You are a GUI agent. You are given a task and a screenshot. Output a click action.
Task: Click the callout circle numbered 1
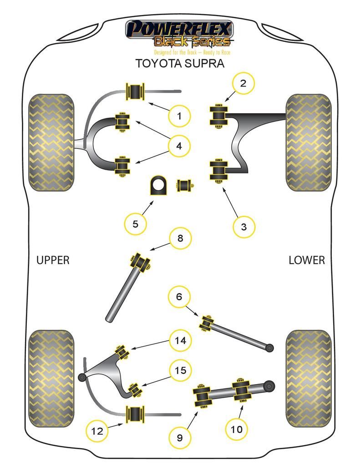pos(179,116)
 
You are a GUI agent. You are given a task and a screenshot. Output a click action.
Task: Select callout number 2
pos(243,83)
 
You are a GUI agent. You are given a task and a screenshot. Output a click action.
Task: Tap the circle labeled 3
pos(244,226)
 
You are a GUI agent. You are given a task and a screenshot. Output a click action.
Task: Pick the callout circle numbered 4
pos(179,146)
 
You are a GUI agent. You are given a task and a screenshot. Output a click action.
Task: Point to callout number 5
pos(136,223)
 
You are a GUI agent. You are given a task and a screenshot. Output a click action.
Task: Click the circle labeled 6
pos(179,297)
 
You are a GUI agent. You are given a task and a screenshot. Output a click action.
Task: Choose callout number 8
pos(180,238)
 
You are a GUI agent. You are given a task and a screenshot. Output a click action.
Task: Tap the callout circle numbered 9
pos(179,438)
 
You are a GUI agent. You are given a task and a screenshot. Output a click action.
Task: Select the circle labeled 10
pos(237,429)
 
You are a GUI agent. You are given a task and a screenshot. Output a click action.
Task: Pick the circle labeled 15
pos(181,370)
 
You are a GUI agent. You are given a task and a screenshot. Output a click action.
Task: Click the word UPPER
pos(53,260)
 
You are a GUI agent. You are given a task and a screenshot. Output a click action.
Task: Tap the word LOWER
pos(307,260)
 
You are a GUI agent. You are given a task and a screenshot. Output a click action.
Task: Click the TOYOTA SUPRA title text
pos(180,63)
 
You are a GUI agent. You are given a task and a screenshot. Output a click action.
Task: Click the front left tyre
pos(51,142)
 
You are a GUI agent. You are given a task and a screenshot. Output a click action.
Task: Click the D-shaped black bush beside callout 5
pos(159,186)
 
